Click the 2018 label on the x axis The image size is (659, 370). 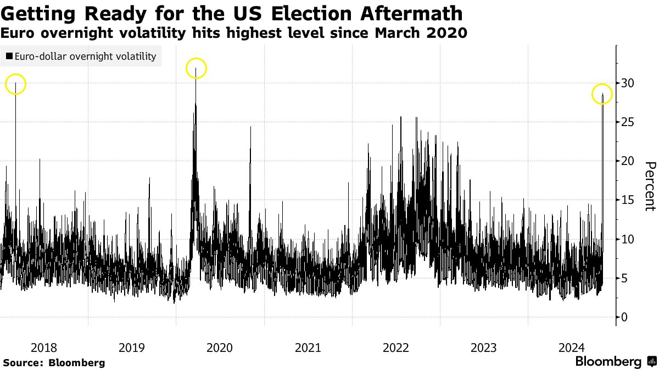[44, 348]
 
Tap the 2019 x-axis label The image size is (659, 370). [132, 348]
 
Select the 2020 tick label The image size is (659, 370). [220, 348]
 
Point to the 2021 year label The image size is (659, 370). [308, 348]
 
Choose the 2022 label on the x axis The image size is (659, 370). [395, 348]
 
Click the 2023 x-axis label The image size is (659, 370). [484, 348]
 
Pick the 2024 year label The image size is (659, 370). [572, 348]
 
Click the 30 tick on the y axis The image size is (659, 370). [628, 83]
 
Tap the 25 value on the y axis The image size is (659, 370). [628, 122]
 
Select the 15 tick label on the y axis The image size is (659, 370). [628, 200]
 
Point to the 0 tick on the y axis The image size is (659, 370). [624, 317]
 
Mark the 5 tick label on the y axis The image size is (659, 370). [624, 278]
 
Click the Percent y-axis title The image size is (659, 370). [650, 186]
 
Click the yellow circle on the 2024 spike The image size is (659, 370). [602, 94]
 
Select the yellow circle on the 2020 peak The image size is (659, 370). [196, 69]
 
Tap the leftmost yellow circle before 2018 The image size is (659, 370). [15, 84]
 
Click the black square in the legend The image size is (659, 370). [9, 56]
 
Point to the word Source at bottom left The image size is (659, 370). [23, 363]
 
